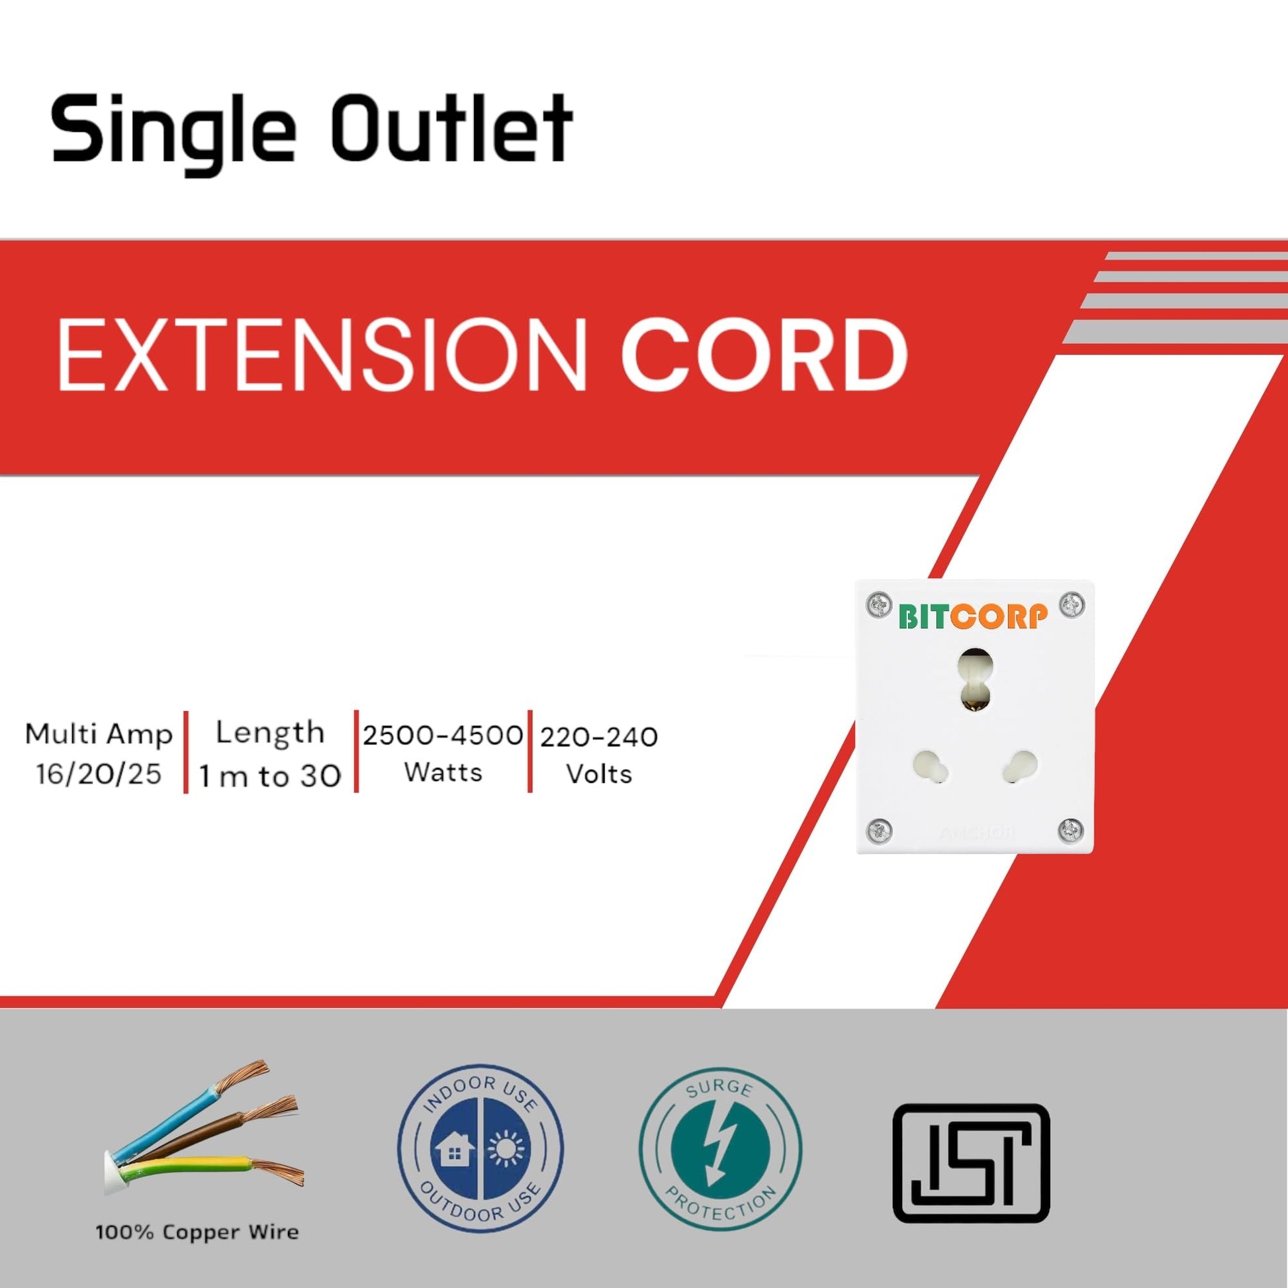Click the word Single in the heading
173,132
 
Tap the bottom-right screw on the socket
1071,830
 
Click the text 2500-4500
443,735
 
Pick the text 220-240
599,737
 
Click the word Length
270,733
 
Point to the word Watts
443,772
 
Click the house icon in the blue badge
454,1150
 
